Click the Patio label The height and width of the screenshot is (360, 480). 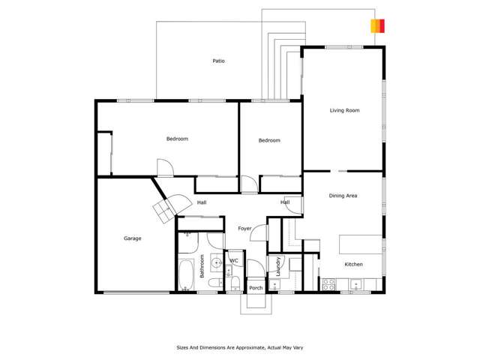tap(218, 61)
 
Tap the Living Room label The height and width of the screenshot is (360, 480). tap(345, 110)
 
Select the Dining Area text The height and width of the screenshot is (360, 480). tap(343, 196)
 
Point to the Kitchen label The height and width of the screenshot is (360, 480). tap(353, 265)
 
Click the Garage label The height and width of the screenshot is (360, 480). tap(133, 238)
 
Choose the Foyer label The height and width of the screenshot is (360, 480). tap(244, 228)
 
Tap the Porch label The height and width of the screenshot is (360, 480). tap(256, 287)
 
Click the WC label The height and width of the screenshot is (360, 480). tap(233, 261)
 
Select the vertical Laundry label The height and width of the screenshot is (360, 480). tap(278, 268)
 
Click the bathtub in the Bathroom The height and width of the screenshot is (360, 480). tap(187, 275)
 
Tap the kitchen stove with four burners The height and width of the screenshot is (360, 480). tap(328, 285)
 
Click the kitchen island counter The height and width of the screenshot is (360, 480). tap(360, 245)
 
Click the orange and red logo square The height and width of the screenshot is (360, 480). tap(378, 25)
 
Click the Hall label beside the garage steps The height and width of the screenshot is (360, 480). tap(202, 202)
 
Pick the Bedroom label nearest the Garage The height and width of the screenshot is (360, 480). tap(177, 139)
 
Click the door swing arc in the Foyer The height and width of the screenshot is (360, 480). tap(259, 232)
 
